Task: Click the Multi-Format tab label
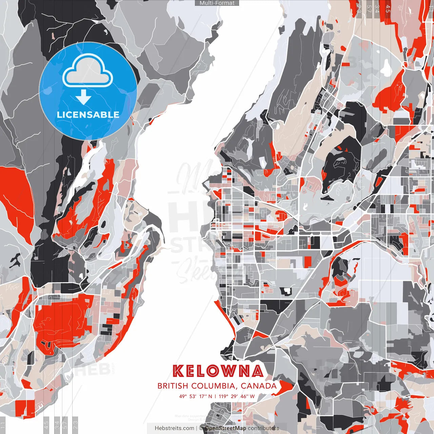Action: [x=217, y=3]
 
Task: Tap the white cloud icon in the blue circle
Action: [x=88, y=72]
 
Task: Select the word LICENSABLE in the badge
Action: [x=88, y=115]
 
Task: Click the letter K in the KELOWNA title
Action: [x=179, y=371]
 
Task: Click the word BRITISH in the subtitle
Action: [x=173, y=386]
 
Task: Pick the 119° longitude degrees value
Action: [x=223, y=396]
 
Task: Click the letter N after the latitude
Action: [x=210, y=396]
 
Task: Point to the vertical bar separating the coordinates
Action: [x=215, y=396]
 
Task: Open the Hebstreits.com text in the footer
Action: [x=174, y=428]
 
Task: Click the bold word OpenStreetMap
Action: [x=225, y=428]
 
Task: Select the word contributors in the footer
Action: [x=263, y=428]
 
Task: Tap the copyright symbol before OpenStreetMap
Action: [x=201, y=428]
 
